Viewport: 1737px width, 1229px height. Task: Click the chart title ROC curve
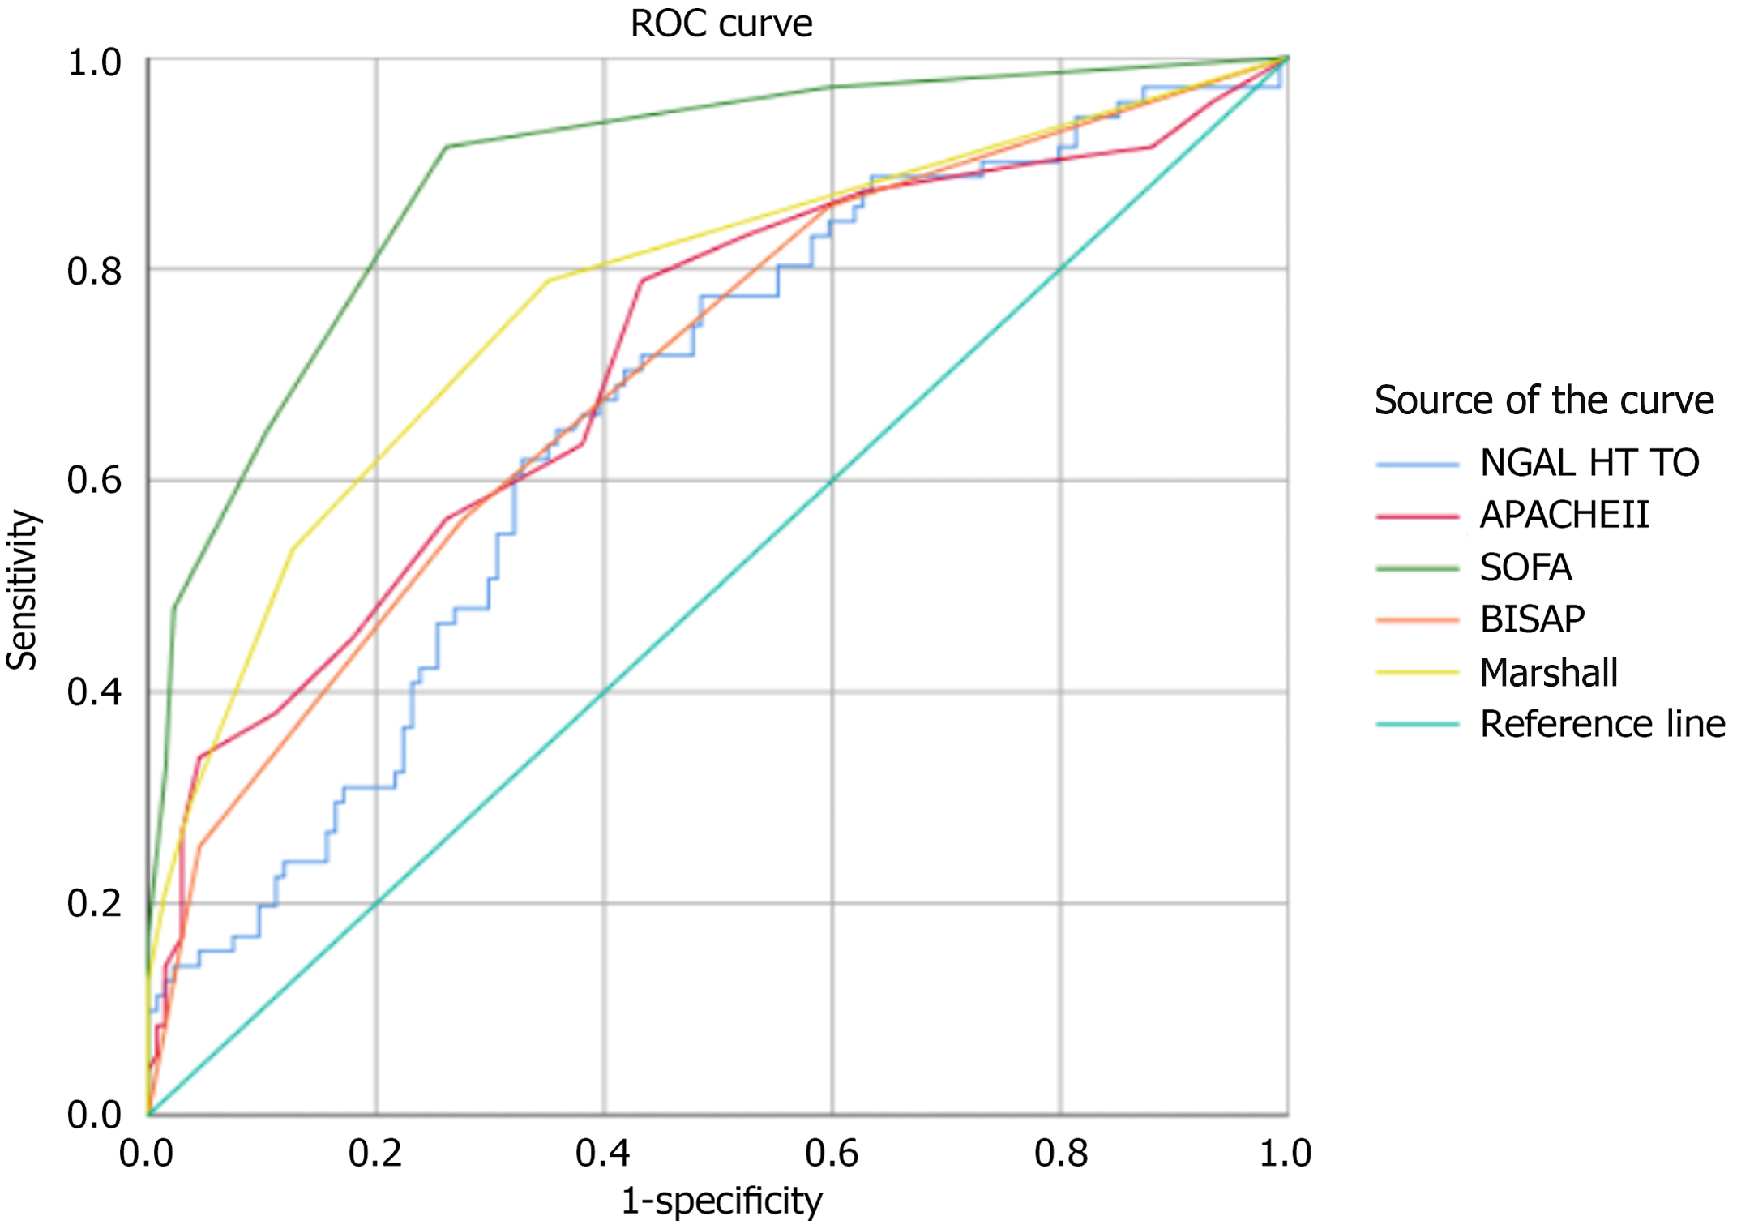721,24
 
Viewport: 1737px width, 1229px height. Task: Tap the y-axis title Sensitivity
23,589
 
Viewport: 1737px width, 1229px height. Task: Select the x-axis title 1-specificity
721,1201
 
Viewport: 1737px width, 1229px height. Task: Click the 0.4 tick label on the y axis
94,693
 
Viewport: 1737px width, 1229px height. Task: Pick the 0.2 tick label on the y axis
94,904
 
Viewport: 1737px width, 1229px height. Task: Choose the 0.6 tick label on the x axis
832,1154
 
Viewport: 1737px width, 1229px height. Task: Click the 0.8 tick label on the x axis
1060,1154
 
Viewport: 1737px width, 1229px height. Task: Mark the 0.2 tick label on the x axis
375,1154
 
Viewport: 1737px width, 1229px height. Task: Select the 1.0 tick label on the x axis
1285,1154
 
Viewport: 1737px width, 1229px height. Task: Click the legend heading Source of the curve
1544,400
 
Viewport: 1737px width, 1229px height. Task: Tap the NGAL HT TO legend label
1589,463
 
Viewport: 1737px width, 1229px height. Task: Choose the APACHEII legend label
1564,515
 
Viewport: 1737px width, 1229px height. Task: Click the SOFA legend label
1525,567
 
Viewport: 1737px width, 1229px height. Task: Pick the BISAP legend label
1532,619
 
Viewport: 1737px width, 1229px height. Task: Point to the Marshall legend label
1548,673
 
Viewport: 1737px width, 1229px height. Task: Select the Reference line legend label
1602,724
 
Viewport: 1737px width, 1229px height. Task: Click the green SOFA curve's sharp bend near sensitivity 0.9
447,147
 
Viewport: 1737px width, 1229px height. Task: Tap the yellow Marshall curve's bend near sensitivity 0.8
550,281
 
